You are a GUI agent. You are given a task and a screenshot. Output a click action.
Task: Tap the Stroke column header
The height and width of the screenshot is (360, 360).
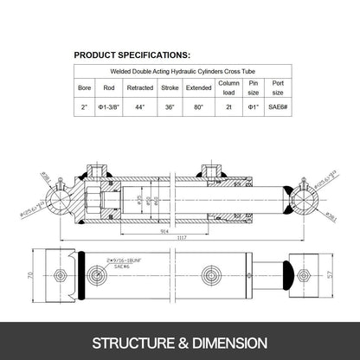click(x=170, y=87)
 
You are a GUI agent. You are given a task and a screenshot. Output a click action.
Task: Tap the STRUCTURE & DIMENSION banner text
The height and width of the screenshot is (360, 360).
click(x=180, y=341)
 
